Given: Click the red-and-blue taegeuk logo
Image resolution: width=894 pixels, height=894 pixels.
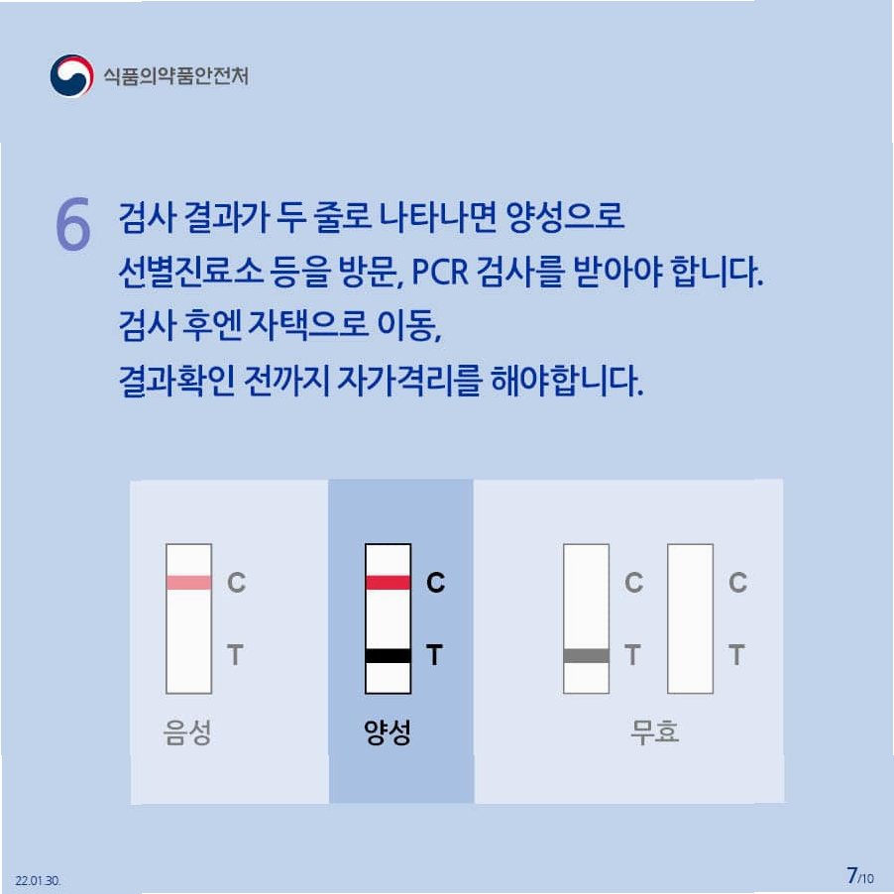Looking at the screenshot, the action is (71, 75).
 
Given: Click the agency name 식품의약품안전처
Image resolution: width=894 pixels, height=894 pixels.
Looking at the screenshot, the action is (175, 76).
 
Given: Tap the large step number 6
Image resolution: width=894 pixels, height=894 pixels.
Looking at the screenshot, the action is (73, 224).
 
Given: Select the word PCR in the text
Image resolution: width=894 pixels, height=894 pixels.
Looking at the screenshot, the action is (440, 272).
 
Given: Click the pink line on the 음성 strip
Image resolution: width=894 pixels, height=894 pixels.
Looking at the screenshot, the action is (188, 582).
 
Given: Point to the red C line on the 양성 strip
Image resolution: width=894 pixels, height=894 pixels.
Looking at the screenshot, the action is (388, 582).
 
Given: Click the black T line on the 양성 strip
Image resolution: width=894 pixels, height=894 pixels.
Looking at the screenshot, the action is (388, 656).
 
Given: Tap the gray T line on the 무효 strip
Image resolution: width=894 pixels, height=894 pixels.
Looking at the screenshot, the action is (586, 656).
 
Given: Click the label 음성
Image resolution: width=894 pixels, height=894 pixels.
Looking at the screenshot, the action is (187, 731).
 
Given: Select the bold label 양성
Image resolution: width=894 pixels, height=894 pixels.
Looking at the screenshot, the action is (388, 731).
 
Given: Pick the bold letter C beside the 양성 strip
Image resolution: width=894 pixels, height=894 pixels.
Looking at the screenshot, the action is (435, 583).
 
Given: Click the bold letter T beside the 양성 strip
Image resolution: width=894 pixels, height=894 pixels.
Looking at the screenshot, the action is (434, 655).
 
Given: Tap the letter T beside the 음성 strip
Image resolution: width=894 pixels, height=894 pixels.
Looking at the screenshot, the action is (236, 655).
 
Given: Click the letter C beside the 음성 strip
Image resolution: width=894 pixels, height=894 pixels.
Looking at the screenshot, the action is (237, 583).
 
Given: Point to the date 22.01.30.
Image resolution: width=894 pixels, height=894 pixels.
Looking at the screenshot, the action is (38, 880).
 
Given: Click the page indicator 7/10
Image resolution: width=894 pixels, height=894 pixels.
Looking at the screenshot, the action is (859, 876).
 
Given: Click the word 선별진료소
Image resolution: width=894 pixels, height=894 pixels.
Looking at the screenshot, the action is (190, 272).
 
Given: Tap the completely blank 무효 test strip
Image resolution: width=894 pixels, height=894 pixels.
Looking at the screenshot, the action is (690, 618).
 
